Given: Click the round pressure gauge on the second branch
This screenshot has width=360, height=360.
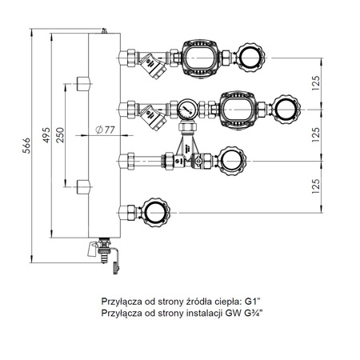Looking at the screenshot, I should click(186, 106).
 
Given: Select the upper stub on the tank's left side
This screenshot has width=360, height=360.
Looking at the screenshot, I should click(84, 82).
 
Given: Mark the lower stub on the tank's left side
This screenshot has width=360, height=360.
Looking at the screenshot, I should click(84, 190).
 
